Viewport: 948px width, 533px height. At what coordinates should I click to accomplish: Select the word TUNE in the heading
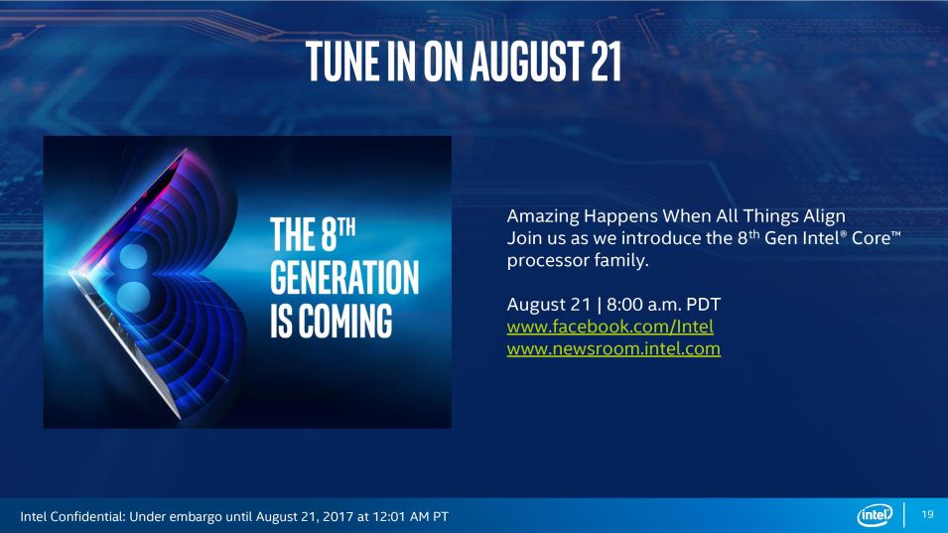click(337, 61)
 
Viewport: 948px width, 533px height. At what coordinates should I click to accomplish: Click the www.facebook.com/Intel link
click(610, 327)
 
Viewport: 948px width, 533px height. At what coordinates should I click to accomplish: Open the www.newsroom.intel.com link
click(613, 348)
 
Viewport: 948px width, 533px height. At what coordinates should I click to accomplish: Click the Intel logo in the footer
click(875, 515)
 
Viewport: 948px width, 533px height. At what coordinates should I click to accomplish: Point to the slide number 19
click(927, 514)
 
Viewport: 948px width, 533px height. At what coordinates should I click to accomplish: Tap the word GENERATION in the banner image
click(344, 277)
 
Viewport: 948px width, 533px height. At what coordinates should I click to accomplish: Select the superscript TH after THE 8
click(346, 228)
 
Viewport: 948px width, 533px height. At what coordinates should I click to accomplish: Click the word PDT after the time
click(703, 304)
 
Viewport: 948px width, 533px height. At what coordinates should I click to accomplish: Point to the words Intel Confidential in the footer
click(71, 517)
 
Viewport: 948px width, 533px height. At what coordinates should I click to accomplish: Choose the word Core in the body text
click(871, 238)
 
